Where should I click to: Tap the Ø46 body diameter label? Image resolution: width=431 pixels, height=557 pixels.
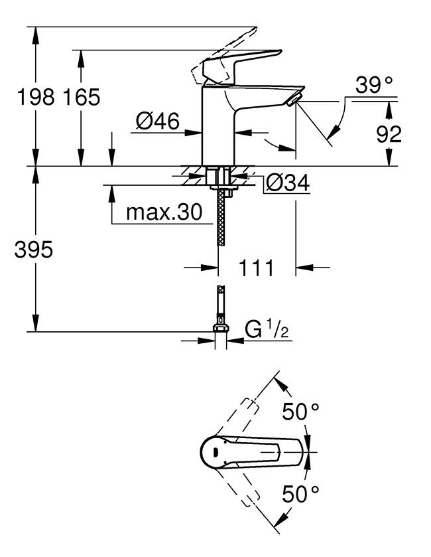157,121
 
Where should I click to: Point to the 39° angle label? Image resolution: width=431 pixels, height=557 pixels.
374,85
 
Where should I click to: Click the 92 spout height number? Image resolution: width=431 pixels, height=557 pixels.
389,134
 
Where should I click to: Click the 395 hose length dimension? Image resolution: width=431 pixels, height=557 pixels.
32,250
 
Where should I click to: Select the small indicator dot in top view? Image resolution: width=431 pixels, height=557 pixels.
214,453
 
